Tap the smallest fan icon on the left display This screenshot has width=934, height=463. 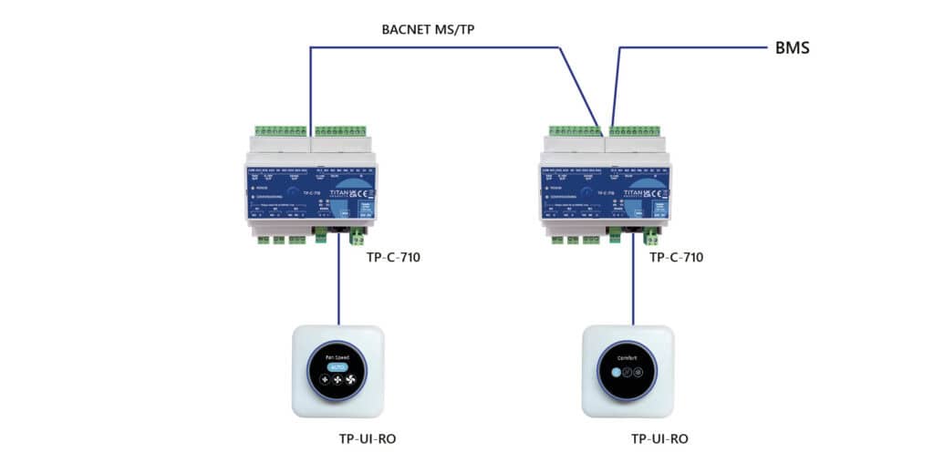(x=324, y=380)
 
